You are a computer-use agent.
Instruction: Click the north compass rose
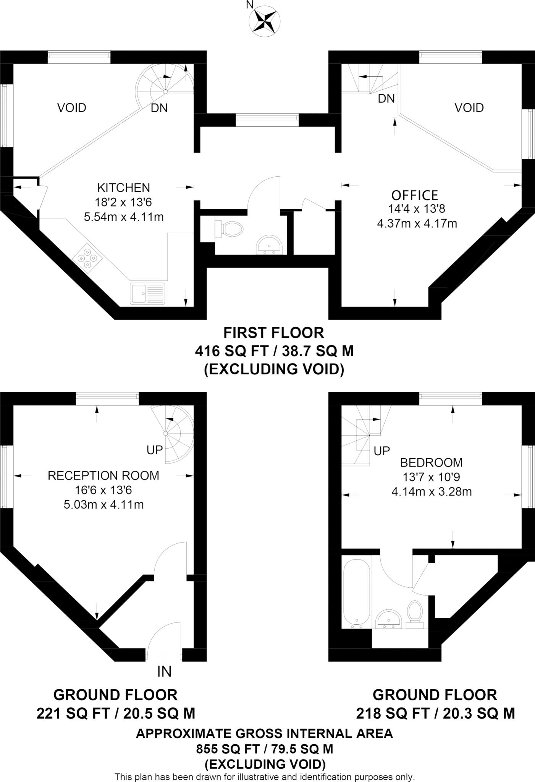point(264,21)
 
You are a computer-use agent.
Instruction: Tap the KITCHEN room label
point(124,187)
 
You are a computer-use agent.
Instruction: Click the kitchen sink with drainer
point(147,293)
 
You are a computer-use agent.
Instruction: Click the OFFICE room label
point(415,195)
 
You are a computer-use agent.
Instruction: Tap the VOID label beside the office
point(469,108)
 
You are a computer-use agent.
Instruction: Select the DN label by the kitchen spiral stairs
point(159,108)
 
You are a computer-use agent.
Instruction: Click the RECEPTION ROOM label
point(103,475)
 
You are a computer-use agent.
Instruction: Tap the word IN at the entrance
point(164,671)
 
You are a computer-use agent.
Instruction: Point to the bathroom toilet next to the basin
point(415,614)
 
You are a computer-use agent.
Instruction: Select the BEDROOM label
point(431,462)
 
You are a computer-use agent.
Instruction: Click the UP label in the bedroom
point(382,451)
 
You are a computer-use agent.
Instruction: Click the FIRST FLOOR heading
point(273,333)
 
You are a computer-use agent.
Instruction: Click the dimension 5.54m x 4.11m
point(124,217)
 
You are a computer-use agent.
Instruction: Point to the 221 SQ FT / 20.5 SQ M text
point(116,713)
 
